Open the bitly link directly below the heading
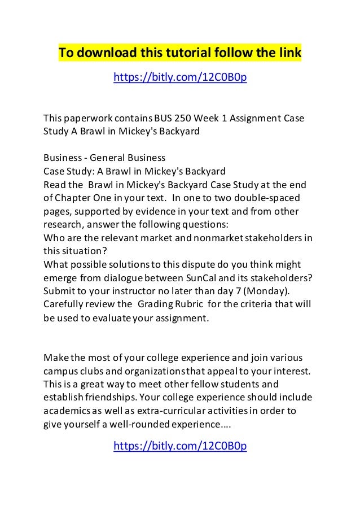pyautogui.click(x=180, y=76)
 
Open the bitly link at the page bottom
pyautogui.click(x=180, y=447)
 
